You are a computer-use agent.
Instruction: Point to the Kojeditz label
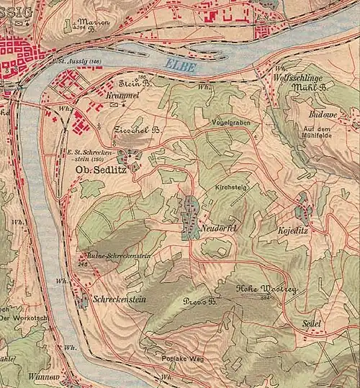292,231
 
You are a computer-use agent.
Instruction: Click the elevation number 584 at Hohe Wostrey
264,296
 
